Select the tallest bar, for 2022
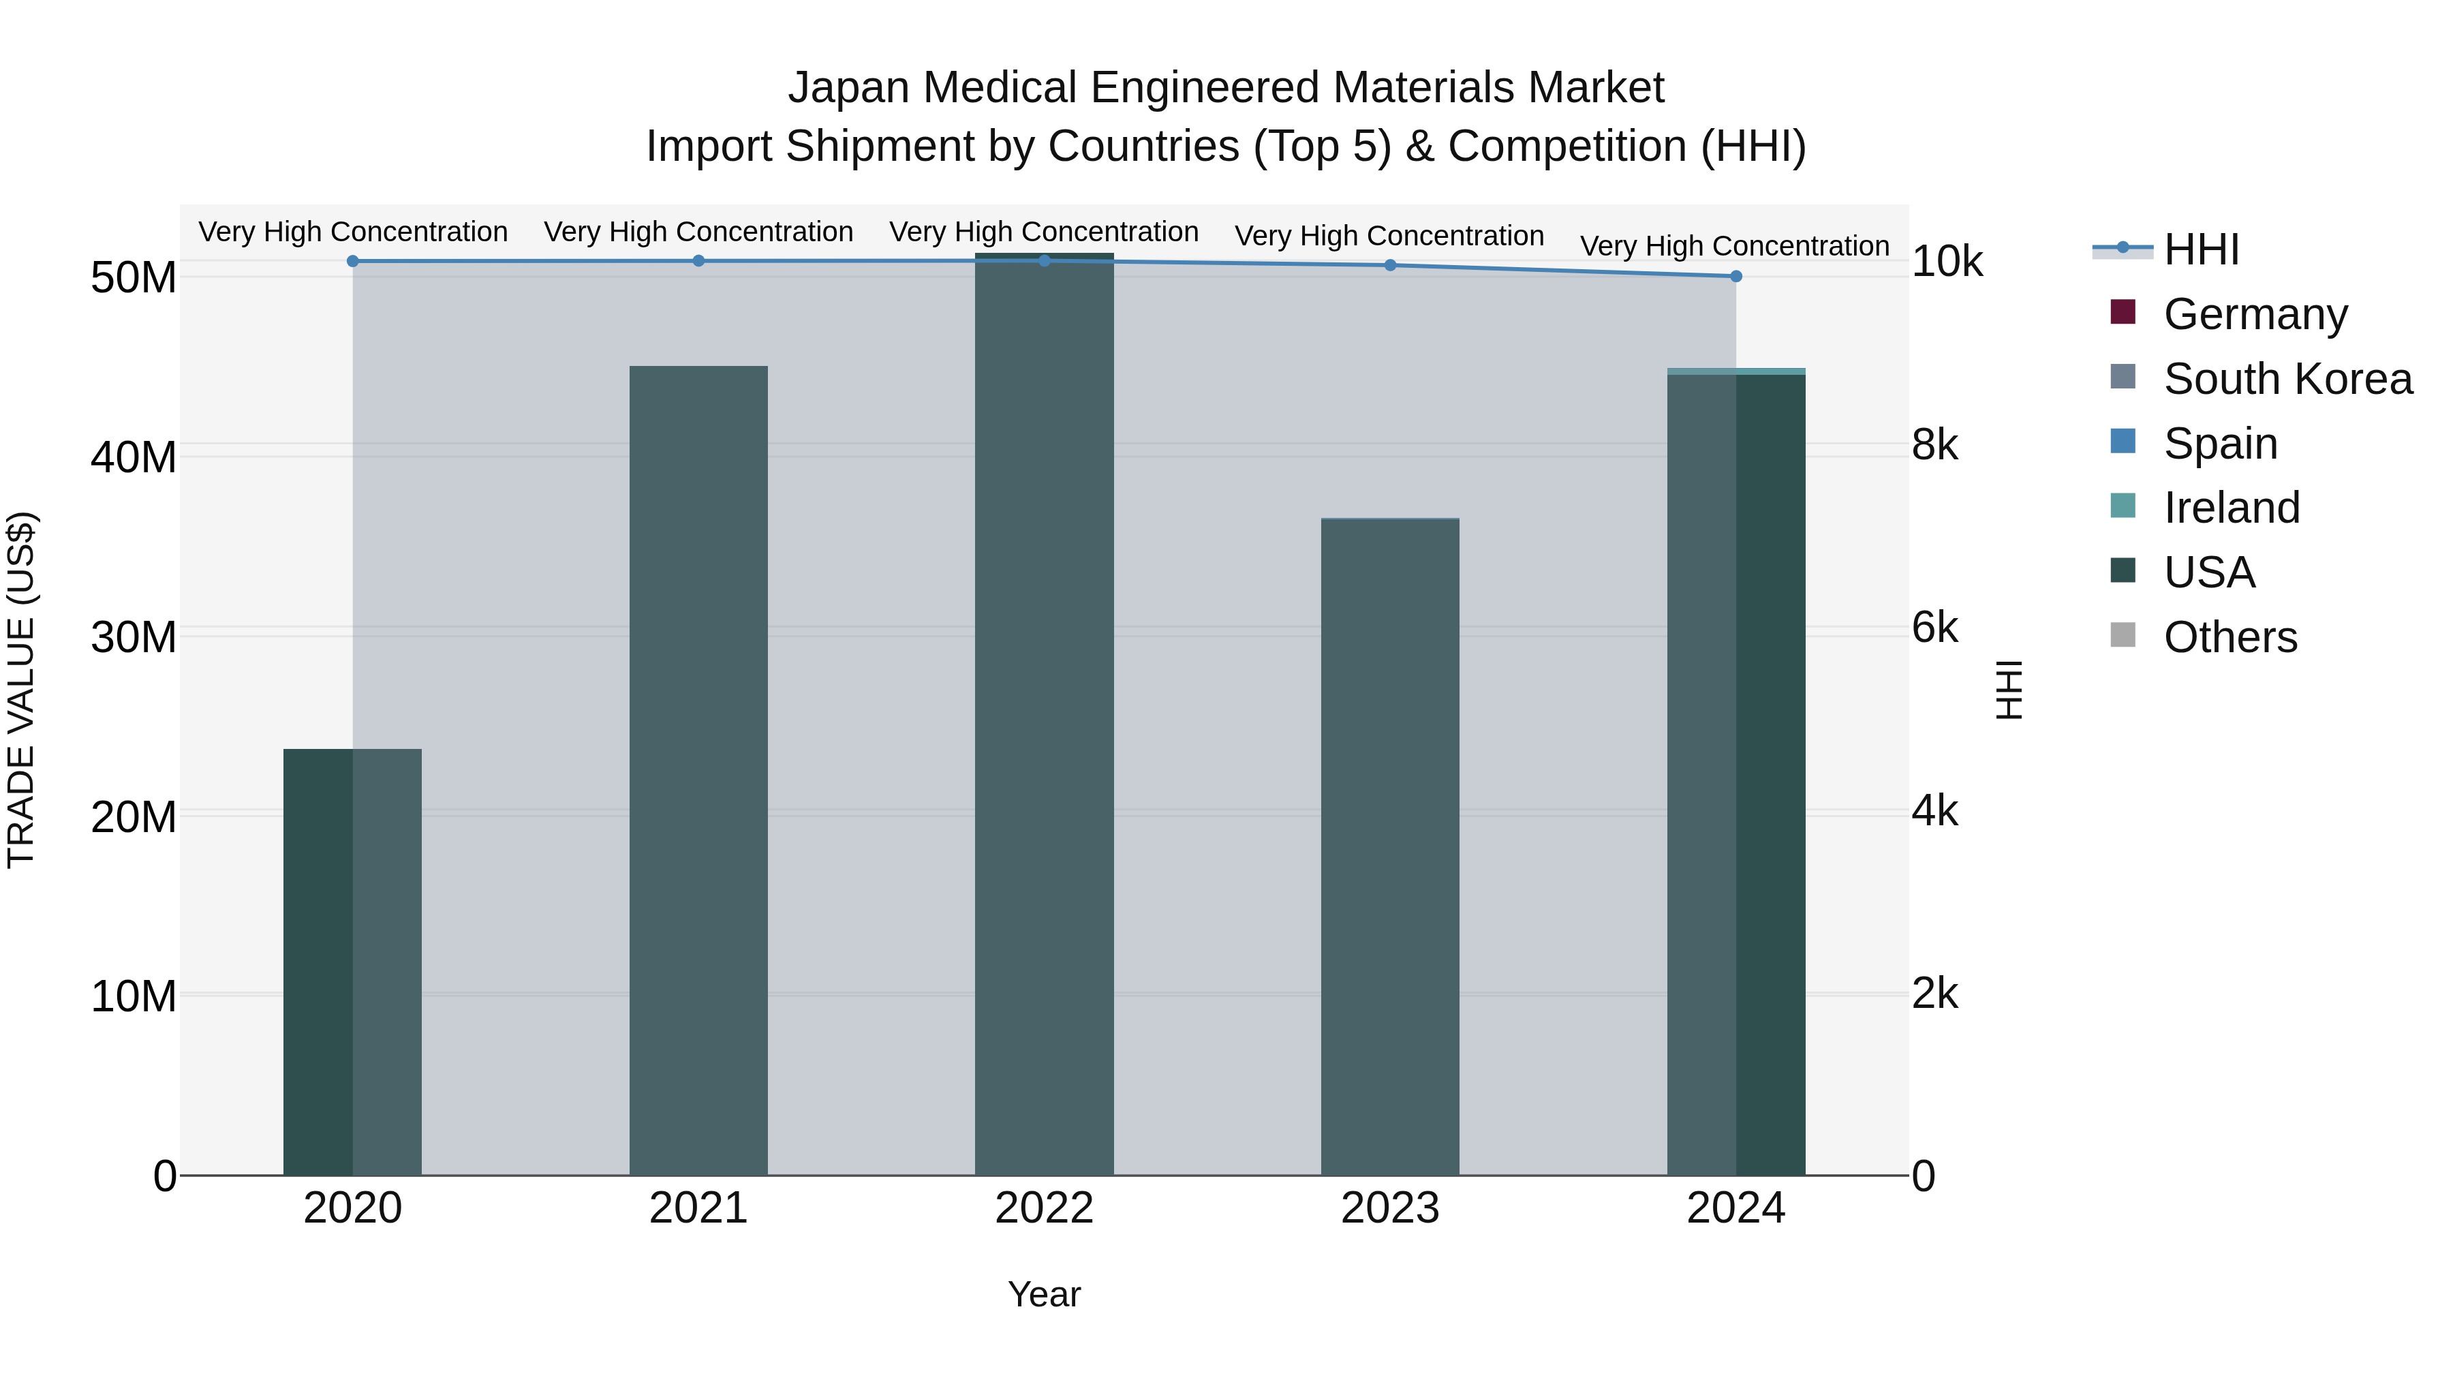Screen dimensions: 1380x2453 pyautogui.click(x=1044, y=714)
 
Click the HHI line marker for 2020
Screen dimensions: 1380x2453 pyautogui.click(x=352, y=261)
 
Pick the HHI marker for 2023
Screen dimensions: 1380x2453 pyautogui.click(x=1389, y=265)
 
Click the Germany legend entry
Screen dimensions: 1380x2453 pyautogui.click(x=2254, y=314)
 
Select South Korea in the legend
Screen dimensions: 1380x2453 pyautogui.click(x=2286, y=379)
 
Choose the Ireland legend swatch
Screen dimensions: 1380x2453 pyautogui.click(x=2123, y=506)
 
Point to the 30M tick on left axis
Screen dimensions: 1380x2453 pyautogui.click(x=134, y=637)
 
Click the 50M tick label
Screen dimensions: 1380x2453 pyautogui.click(x=134, y=278)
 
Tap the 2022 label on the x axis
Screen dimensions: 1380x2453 pyautogui.click(x=1044, y=1208)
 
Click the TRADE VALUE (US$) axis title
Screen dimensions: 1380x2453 pyautogui.click(x=21, y=690)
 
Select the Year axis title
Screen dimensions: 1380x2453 pyautogui.click(x=1044, y=1294)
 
